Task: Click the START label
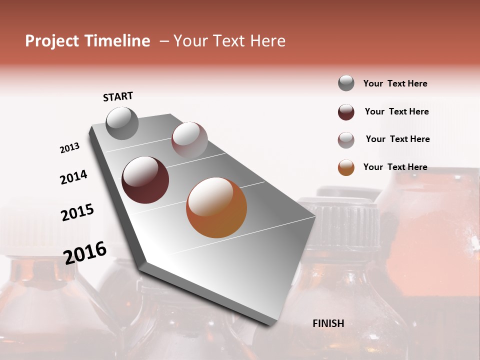pyautogui.click(x=118, y=96)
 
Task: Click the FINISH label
pyautogui.click(x=328, y=323)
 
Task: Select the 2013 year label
pyautogui.click(x=70, y=148)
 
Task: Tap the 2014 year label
pyautogui.click(x=74, y=177)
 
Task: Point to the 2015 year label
pyautogui.click(x=77, y=212)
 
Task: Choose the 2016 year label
pyautogui.click(x=85, y=252)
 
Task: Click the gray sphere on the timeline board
pyautogui.click(x=122, y=123)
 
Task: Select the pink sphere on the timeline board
pyautogui.click(x=189, y=139)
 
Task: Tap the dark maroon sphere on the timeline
pyautogui.click(x=145, y=180)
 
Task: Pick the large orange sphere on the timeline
pyautogui.click(x=216, y=207)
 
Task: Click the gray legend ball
pyautogui.click(x=346, y=83)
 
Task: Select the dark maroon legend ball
pyautogui.click(x=346, y=112)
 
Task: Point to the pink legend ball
pyautogui.click(x=346, y=140)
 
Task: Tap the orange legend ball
pyautogui.click(x=346, y=167)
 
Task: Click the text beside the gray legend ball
pyautogui.click(x=395, y=83)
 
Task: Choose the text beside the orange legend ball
pyautogui.click(x=395, y=167)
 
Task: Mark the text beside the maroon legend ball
pyautogui.click(x=396, y=111)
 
